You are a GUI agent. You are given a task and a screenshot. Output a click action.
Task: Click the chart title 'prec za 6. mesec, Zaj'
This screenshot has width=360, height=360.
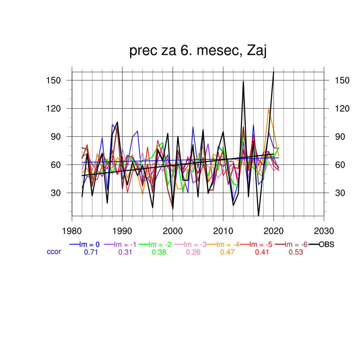pos(198,51)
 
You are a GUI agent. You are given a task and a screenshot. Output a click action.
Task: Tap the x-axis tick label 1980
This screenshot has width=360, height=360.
pos(72,231)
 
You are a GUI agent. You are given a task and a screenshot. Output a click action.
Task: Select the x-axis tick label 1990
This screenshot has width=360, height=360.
pos(122,231)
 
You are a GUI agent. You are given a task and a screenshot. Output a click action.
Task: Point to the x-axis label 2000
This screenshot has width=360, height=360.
pos(173,231)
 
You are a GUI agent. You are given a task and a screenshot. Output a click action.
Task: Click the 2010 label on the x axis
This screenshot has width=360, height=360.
pos(223,231)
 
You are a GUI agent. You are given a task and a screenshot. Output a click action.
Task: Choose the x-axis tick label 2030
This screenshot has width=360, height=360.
pos(324,231)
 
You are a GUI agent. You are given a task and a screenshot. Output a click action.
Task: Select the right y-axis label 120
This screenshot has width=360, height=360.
pos(342,109)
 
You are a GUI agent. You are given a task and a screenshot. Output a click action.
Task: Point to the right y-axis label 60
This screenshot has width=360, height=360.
pos(340,165)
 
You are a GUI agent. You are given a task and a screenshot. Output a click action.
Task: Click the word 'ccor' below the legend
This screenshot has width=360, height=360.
pos(54,252)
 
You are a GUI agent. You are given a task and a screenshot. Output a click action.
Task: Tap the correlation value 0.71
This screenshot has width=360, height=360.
pos(91,252)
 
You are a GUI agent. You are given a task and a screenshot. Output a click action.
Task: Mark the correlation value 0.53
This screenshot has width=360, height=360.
pos(296,252)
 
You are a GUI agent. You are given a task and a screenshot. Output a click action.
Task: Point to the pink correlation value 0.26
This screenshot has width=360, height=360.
pos(193,252)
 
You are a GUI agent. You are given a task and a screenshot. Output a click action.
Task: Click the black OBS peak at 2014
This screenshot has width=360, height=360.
pos(243,82)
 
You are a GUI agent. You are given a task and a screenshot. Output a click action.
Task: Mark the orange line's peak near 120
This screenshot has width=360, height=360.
pos(269,109)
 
